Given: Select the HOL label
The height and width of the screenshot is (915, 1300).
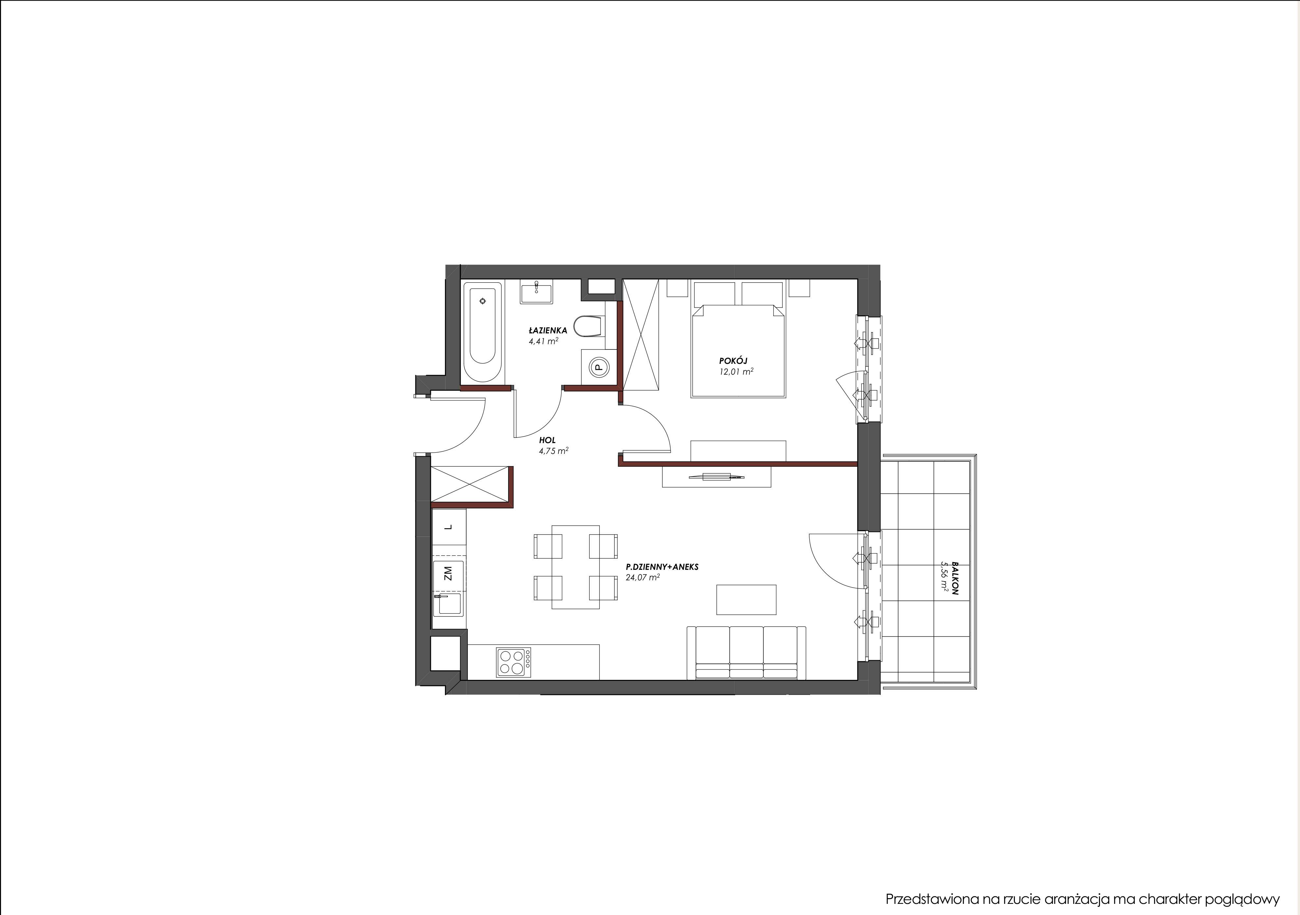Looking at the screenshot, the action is pos(547,440).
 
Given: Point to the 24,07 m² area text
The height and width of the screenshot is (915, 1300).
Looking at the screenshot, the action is pos(643,578).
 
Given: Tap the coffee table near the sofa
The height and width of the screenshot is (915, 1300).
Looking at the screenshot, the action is pos(746,599).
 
